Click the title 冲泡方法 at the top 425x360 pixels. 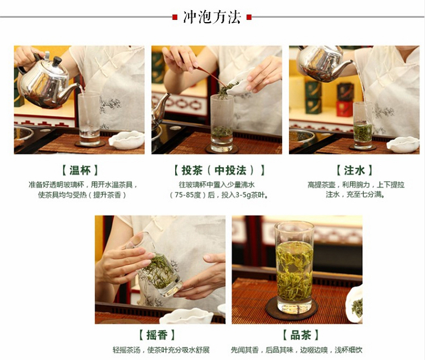pos(212,18)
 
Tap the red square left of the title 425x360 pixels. pos(175,18)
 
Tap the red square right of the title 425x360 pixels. pos(249,18)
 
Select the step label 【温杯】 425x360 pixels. pos(80,170)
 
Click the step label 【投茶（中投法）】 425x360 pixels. pos(219,170)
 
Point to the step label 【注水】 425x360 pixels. pos(354,170)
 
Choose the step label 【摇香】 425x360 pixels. pos(157,335)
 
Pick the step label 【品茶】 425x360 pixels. pos(300,335)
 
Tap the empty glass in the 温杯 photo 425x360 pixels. pos(89,119)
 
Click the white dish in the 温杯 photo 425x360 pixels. pos(126,140)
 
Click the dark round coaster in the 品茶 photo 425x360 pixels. pos(291,309)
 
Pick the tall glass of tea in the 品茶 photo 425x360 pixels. pos(294,267)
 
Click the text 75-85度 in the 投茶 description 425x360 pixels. pos(188,195)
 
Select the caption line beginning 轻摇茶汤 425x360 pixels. pos(161,350)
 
